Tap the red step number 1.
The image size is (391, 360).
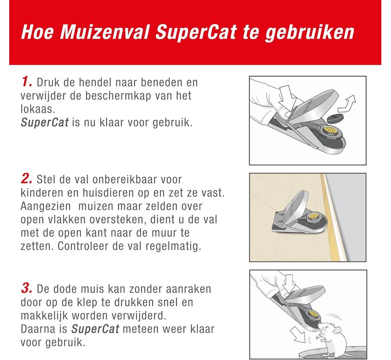[27, 82]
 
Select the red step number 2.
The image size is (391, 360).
[27, 179]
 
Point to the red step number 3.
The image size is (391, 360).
[27, 288]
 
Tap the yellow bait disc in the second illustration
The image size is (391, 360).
[313, 216]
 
